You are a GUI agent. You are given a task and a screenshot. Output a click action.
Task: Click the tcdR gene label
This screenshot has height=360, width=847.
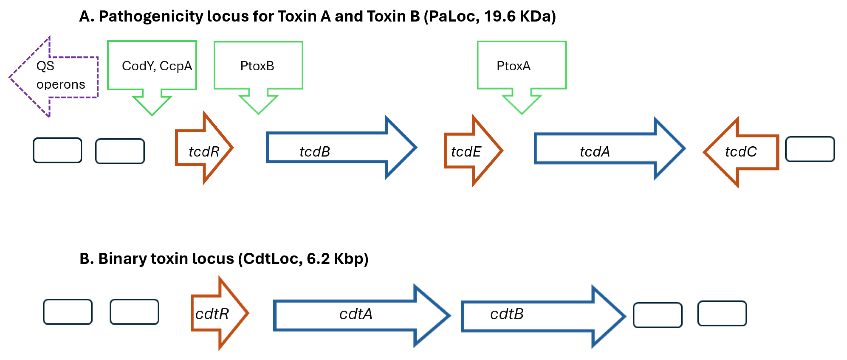[204, 152]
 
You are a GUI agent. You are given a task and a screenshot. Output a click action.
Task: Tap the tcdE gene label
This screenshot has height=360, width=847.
[466, 152]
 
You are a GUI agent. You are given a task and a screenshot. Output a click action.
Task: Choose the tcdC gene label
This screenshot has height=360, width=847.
[741, 152]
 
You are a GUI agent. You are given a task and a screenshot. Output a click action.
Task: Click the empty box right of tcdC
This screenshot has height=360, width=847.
[810, 149]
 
